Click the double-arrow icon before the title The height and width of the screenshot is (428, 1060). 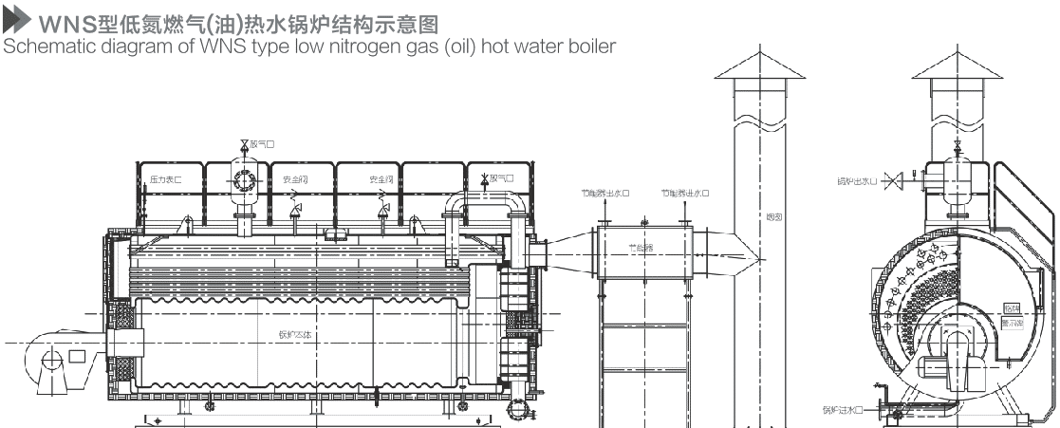[18, 19]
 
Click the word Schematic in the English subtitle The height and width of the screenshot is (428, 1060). [39, 45]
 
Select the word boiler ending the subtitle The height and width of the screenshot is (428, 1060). [593, 45]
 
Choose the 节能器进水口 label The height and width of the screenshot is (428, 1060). [688, 193]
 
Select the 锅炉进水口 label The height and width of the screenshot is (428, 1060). [842, 410]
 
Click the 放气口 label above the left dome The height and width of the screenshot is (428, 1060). [262, 144]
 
